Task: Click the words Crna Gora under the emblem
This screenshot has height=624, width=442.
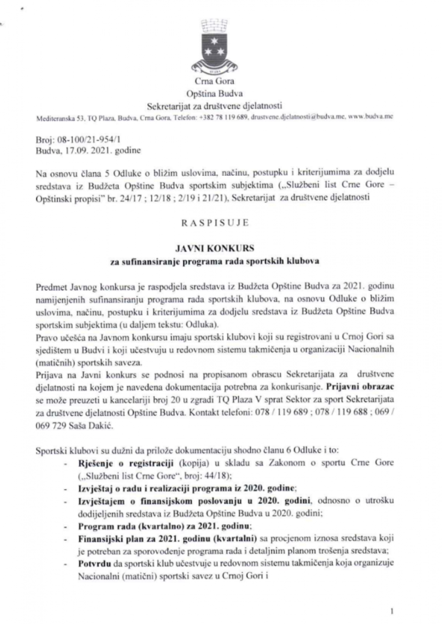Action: pos(214,82)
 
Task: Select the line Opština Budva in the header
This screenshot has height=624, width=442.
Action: pos(214,93)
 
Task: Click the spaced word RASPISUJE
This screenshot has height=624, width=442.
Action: pos(215,223)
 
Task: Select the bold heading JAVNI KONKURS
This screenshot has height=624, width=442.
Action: pos(215,248)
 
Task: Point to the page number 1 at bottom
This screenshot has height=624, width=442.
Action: pos(391,611)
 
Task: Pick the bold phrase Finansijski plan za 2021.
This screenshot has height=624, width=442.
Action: pos(127,538)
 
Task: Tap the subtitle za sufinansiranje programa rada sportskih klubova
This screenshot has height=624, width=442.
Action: pos(215,261)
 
